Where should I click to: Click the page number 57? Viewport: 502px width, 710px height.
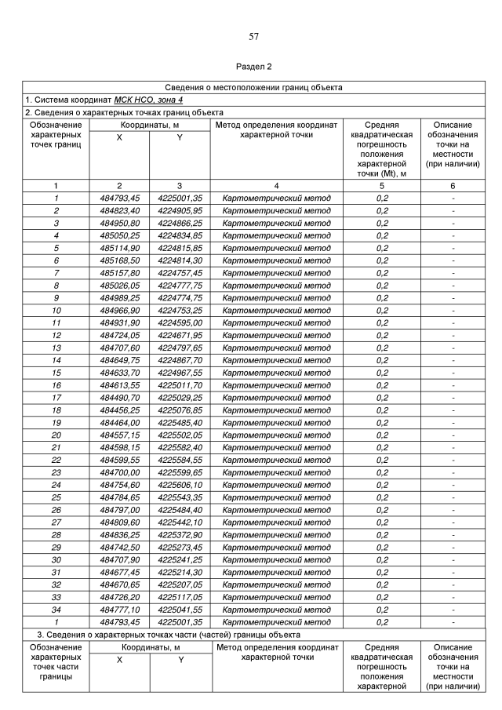[x=253, y=36]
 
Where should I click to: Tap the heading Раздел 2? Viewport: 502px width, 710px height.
[x=253, y=67]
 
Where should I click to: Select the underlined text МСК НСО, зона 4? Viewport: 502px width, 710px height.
[x=148, y=100]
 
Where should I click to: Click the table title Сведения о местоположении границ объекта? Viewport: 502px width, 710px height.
[x=253, y=87]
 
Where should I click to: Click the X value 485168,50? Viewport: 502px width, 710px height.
[x=120, y=260]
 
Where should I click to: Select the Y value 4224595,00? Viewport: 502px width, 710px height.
[x=180, y=322]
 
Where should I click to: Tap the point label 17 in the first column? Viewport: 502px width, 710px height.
[x=56, y=398]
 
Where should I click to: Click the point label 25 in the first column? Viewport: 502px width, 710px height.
[x=56, y=497]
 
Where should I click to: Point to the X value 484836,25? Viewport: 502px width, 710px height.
[x=120, y=535]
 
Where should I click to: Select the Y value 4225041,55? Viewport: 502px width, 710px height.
[x=180, y=610]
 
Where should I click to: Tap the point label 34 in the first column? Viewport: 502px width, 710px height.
[x=56, y=610]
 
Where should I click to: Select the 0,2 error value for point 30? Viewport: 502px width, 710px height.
[x=382, y=560]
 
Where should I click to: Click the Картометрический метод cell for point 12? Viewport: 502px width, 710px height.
[x=277, y=335]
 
